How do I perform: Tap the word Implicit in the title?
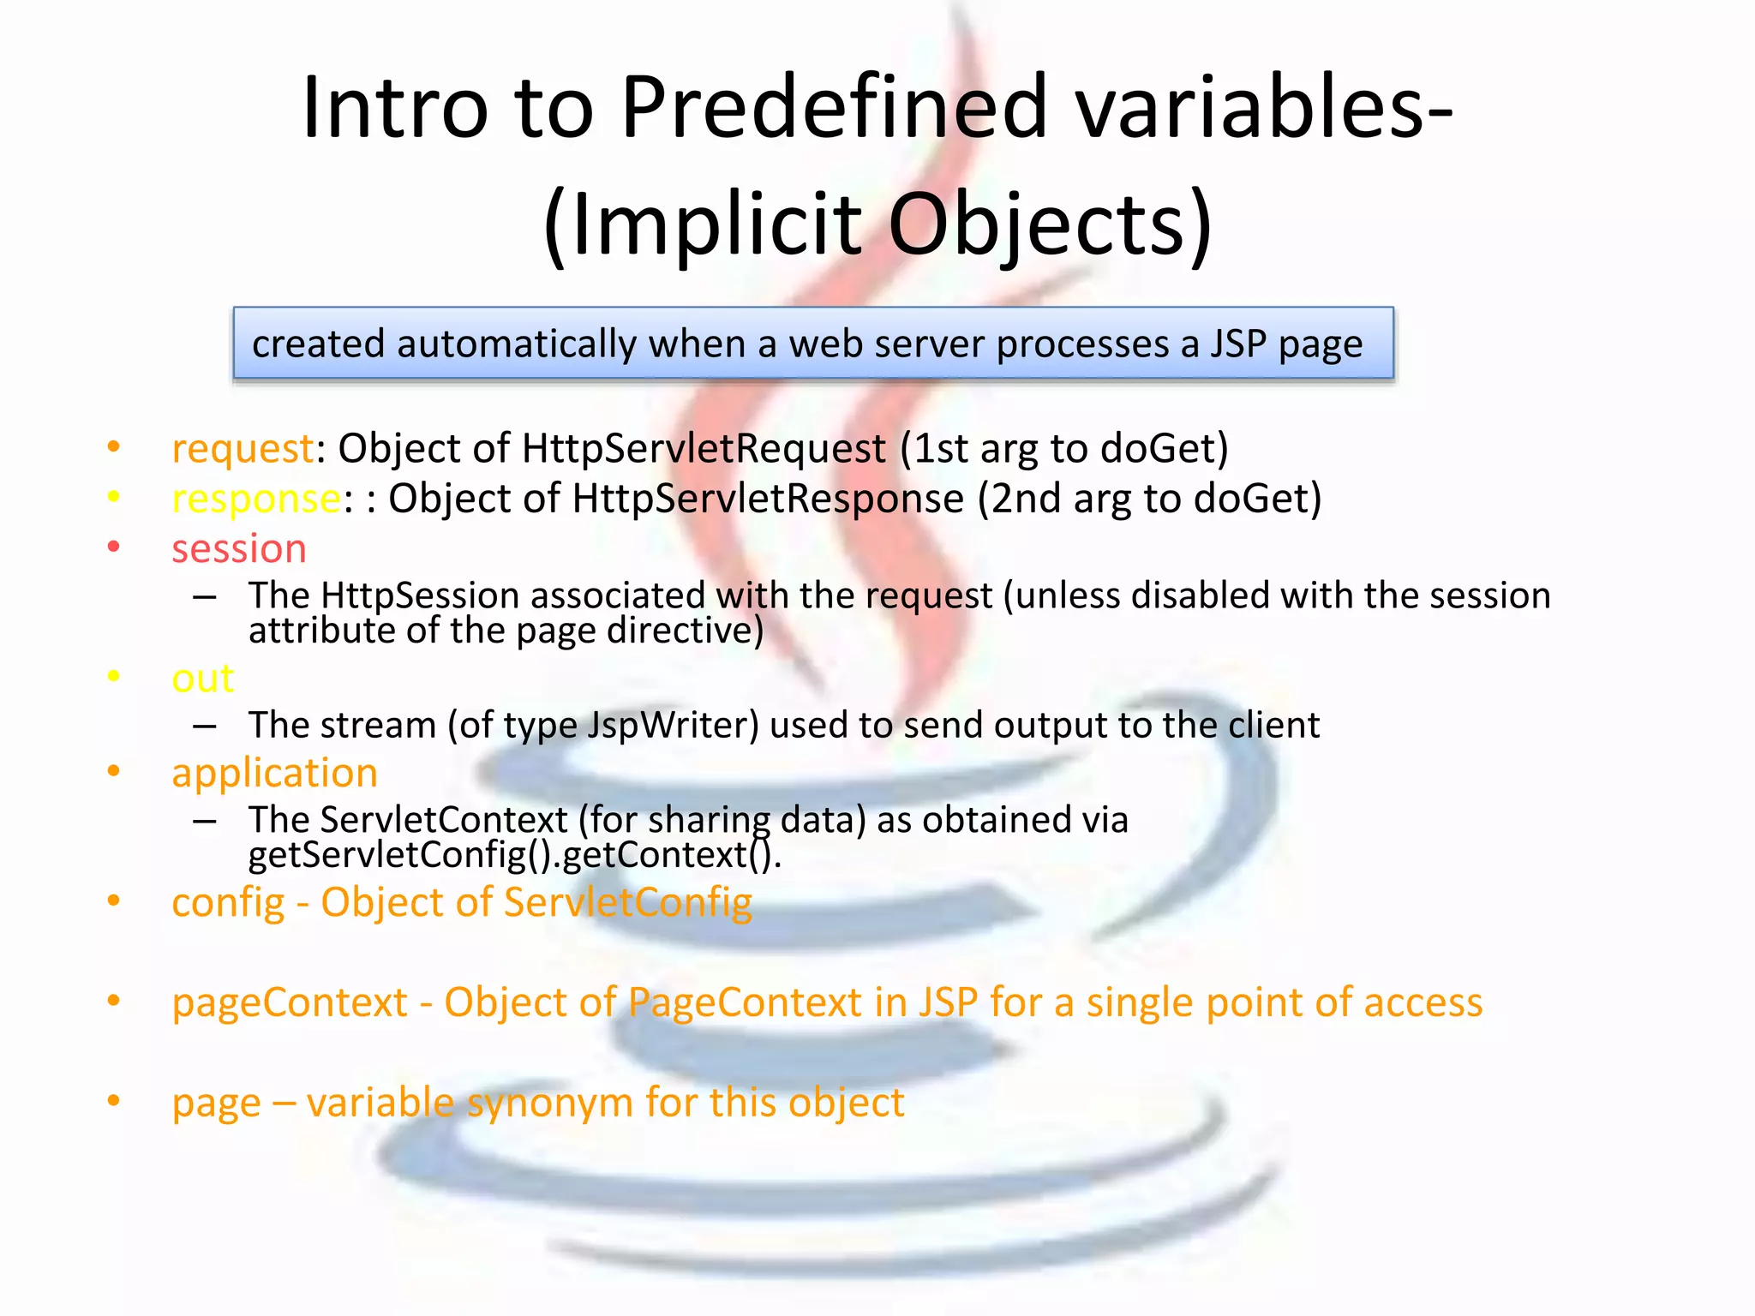tap(715, 224)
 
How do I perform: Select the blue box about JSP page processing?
tap(813, 344)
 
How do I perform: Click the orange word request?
tap(243, 449)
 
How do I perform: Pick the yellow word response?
tap(256, 499)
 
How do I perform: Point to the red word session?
tap(239, 549)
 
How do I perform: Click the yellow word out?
tap(202, 679)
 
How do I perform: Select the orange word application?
tap(274, 774)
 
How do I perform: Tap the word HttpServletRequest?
tap(704, 449)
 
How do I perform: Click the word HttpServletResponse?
tap(768, 499)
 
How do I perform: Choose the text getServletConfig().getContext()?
tap(514, 855)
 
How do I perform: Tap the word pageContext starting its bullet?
tap(290, 1003)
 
